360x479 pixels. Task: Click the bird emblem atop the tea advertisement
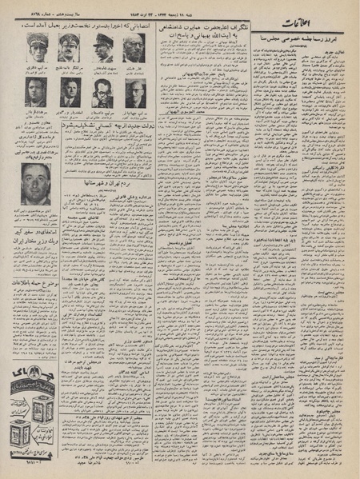point(35,377)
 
